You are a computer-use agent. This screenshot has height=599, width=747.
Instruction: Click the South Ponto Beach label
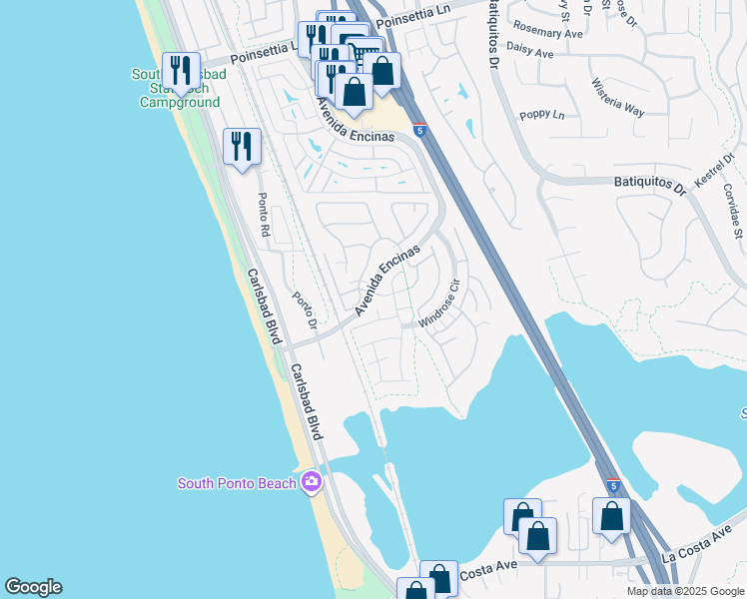(x=237, y=484)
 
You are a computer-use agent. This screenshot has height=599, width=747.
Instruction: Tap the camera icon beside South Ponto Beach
(x=312, y=483)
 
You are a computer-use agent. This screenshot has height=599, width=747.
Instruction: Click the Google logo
(x=33, y=587)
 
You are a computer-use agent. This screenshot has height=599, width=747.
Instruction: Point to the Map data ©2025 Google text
(x=684, y=591)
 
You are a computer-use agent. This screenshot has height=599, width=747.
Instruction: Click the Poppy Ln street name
(x=544, y=115)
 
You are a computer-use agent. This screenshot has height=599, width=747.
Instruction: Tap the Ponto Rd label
(x=265, y=213)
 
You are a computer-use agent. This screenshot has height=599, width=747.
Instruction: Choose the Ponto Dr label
(x=304, y=309)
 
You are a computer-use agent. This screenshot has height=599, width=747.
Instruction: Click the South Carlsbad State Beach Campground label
(x=176, y=89)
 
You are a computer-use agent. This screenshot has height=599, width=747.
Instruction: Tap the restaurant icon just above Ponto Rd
(x=242, y=147)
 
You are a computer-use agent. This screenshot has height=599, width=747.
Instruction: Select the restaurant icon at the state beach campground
(x=180, y=70)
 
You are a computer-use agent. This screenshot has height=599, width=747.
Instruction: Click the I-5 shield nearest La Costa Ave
(x=612, y=486)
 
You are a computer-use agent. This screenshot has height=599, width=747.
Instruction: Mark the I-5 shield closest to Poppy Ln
(x=419, y=129)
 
